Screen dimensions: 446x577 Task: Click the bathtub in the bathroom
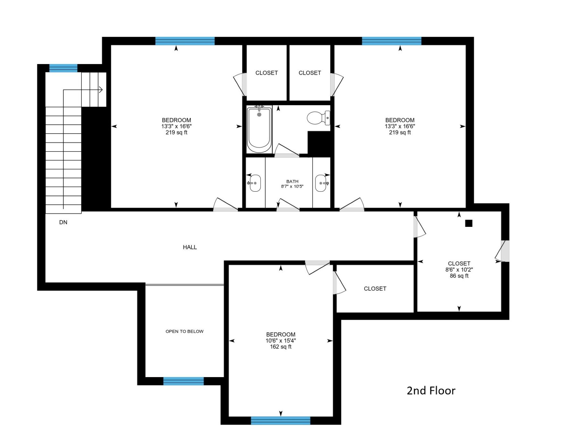259,130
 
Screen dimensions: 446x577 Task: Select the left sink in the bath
255,183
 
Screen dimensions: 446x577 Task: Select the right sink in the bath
321,183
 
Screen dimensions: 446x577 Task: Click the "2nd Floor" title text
431,391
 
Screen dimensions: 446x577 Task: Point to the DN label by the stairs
63,222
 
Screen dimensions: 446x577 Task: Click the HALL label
190,247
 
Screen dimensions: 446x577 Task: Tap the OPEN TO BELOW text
184,331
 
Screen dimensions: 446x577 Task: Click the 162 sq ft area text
280,347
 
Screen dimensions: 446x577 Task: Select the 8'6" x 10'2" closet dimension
459,270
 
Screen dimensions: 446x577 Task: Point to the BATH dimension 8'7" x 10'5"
292,186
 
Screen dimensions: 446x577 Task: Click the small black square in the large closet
469,223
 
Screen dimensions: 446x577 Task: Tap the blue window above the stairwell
63,68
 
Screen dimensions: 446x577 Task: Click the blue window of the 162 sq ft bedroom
280,420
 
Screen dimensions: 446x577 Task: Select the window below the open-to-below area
183,381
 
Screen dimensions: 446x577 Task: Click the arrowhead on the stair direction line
101,90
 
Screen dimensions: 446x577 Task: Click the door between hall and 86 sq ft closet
419,227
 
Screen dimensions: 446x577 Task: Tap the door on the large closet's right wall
502,251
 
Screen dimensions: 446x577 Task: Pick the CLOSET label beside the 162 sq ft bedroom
375,289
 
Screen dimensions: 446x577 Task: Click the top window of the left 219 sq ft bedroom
185,41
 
